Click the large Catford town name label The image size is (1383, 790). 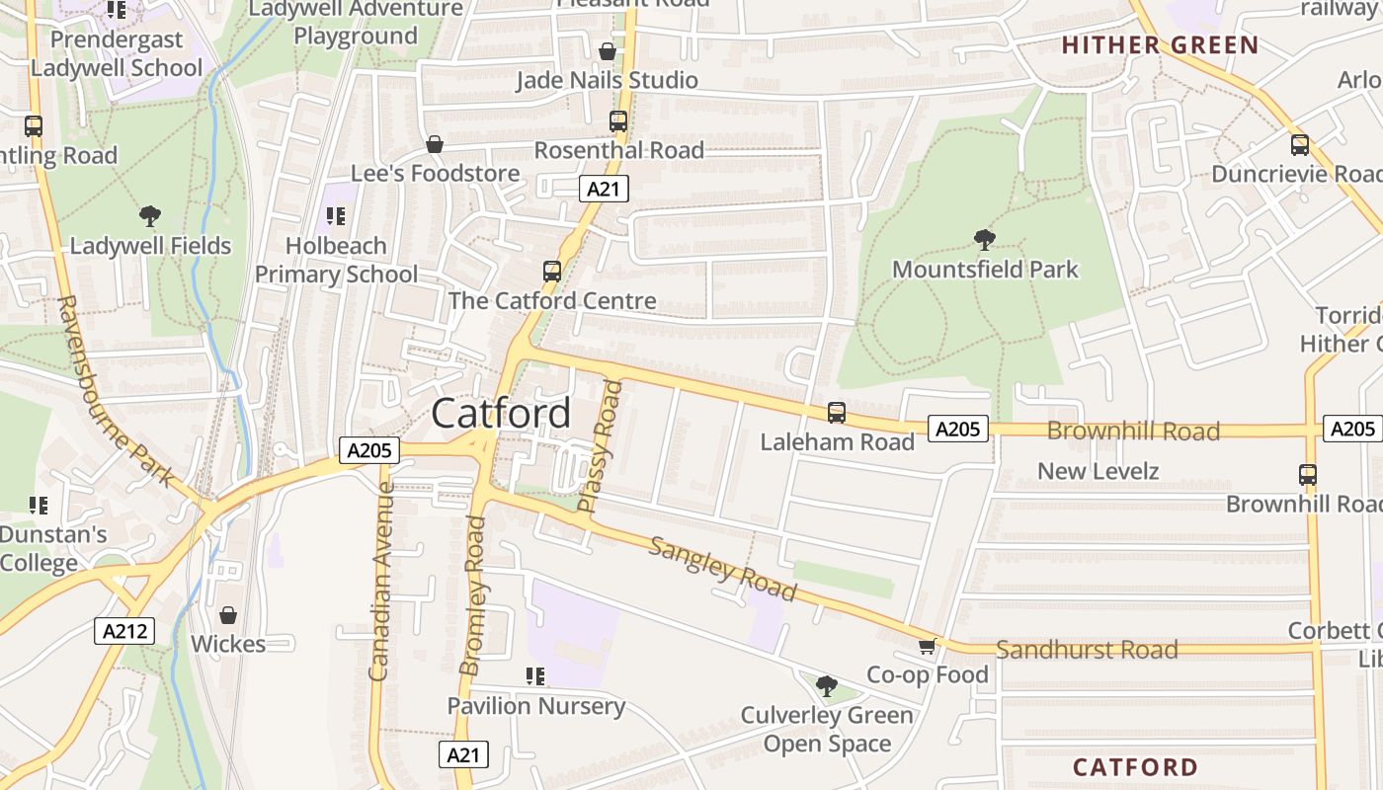501,413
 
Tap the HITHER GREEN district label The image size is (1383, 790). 1160,45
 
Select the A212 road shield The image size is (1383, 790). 124,631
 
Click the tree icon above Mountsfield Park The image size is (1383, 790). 984,239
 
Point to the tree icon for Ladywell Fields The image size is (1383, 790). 150,215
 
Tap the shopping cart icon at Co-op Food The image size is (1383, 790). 927,647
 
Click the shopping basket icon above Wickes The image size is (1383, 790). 228,615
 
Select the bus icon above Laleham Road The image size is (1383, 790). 837,413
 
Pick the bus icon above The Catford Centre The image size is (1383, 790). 552,272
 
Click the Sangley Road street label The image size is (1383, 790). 722,569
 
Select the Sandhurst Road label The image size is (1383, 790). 1087,650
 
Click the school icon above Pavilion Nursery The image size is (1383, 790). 535,676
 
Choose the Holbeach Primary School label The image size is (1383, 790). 336,260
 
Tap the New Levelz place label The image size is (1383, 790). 1098,471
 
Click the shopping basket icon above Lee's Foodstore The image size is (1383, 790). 434,145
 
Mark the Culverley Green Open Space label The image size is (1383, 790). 827,729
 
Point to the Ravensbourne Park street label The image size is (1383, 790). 115,391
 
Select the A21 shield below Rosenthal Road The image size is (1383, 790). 604,189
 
